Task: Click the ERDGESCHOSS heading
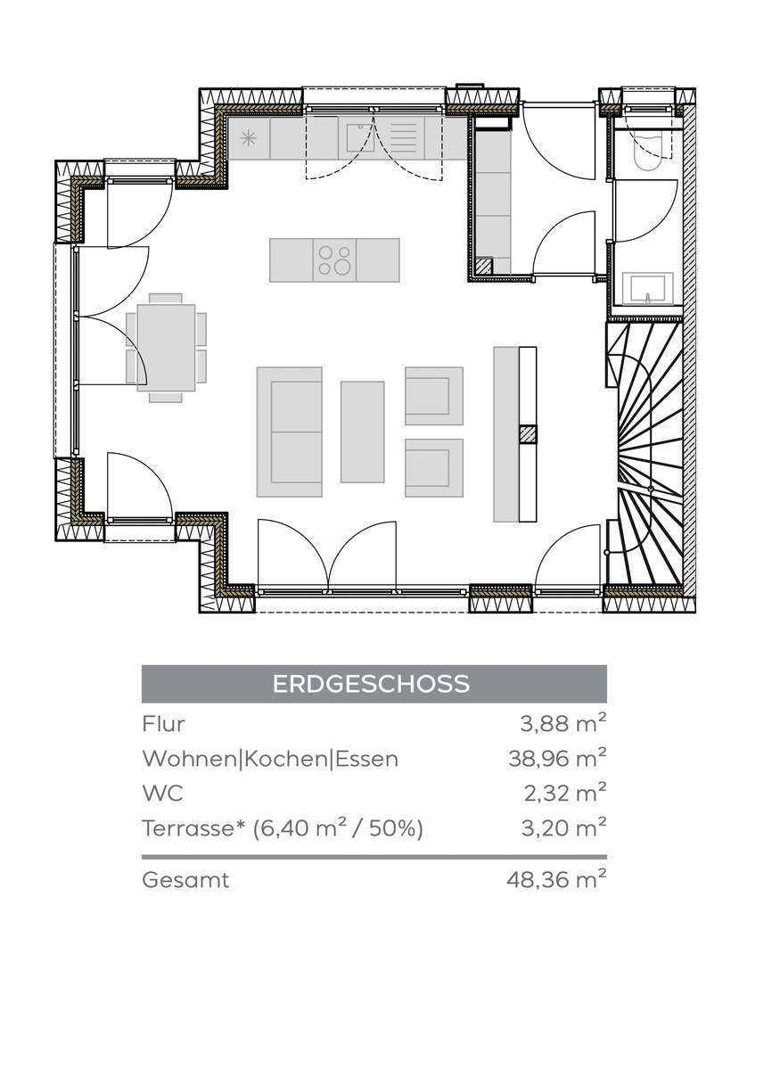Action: coord(371,684)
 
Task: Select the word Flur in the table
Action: coord(163,724)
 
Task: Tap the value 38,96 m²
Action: coord(557,758)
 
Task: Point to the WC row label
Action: coord(162,793)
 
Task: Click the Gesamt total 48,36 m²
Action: coord(556,879)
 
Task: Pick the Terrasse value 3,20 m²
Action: coord(563,827)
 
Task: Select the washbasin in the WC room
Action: coord(648,289)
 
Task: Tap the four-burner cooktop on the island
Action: coord(334,259)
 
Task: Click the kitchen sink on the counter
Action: coord(360,137)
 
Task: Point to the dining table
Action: coord(166,348)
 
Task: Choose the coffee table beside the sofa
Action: coord(363,432)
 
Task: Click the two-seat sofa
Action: coord(290,432)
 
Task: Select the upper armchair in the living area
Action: coord(434,396)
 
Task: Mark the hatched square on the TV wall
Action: coord(528,433)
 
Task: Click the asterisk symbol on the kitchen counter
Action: coord(249,138)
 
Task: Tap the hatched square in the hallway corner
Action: coord(484,266)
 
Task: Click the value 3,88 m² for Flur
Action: coord(563,724)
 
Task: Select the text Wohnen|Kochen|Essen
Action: coord(270,759)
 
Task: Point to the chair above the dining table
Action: coord(166,299)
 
